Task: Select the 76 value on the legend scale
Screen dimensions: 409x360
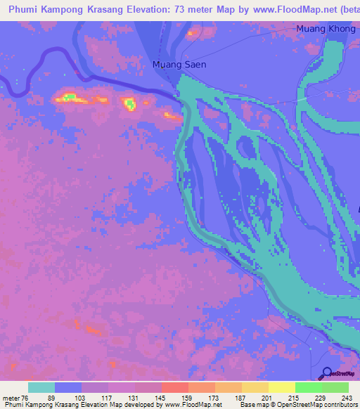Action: (x=25, y=398)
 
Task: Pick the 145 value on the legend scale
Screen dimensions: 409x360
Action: (x=160, y=398)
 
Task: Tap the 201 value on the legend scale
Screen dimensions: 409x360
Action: (x=267, y=398)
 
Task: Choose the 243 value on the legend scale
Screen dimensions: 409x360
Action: (x=347, y=398)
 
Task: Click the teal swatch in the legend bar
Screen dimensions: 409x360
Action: (x=41, y=387)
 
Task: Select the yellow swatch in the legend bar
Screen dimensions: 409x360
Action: (x=281, y=387)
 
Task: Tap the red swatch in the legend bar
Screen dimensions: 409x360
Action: (x=174, y=387)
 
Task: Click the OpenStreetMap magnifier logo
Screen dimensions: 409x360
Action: (x=326, y=374)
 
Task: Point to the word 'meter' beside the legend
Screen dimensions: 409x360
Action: (x=10, y=398)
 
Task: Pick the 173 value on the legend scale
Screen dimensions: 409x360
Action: (x=214, y=398)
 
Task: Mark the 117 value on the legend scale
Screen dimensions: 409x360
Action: (x=106, y=398)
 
